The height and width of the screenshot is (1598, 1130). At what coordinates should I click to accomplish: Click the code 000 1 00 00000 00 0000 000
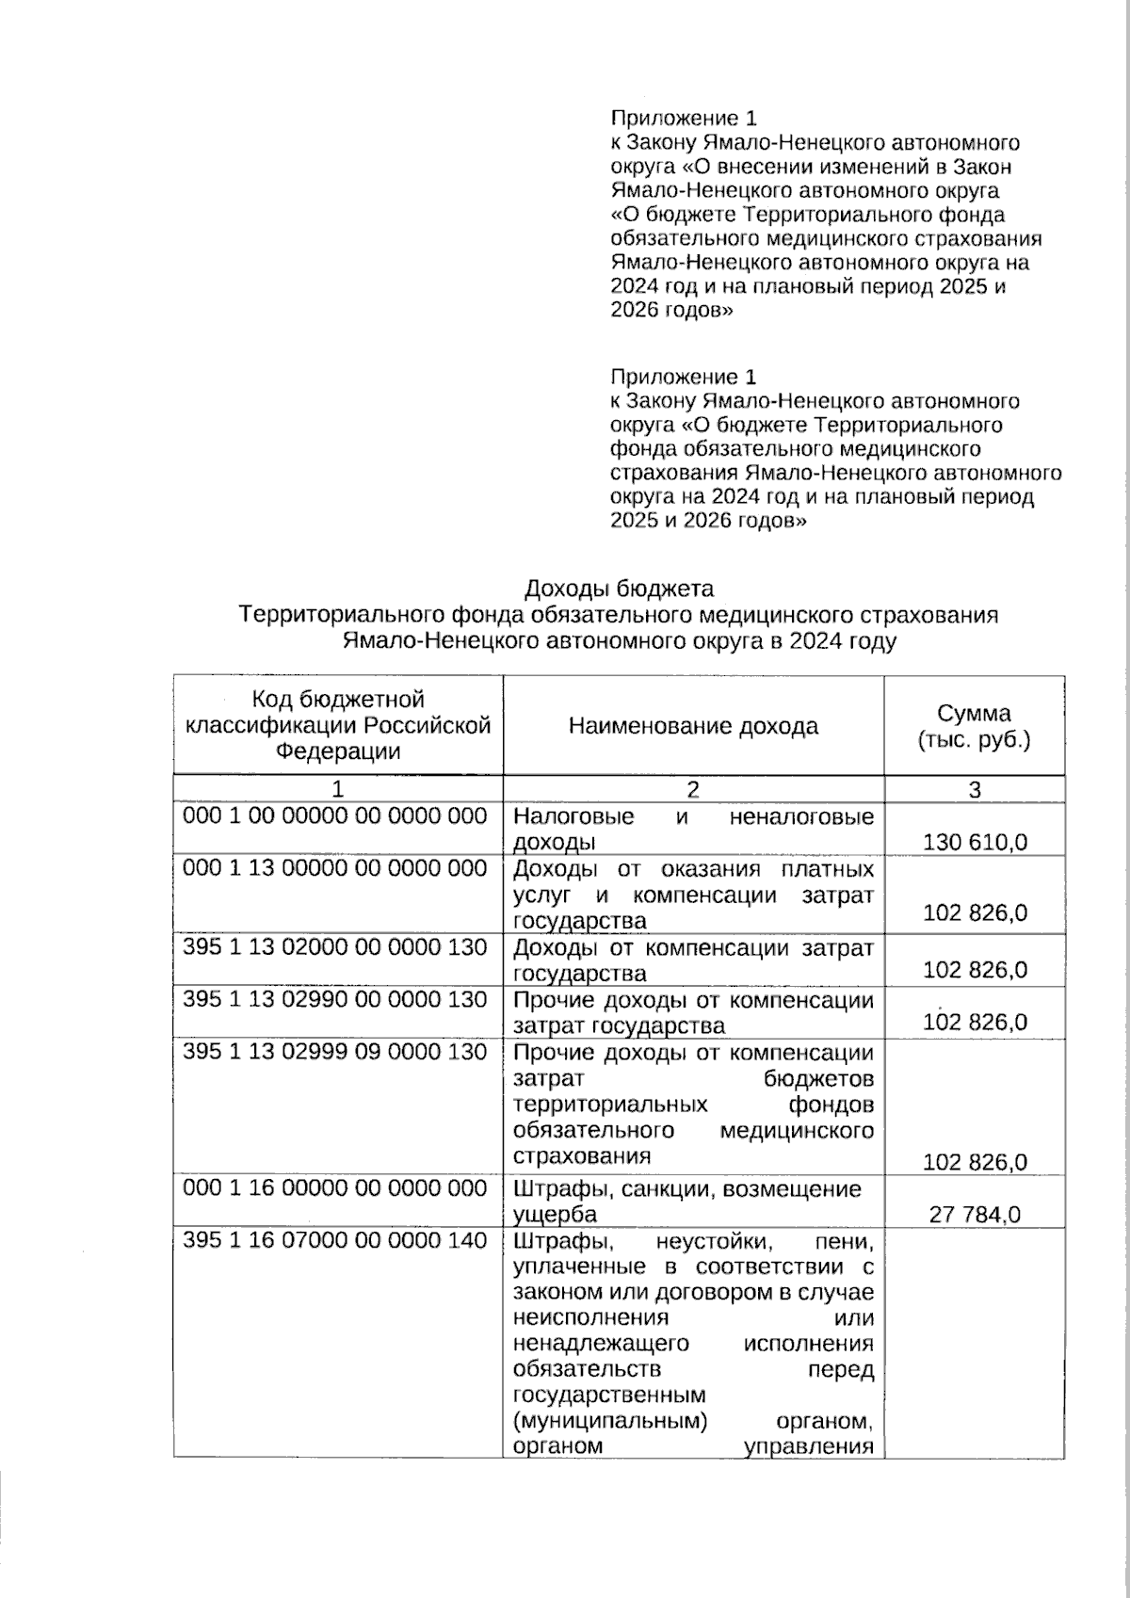(x=335, y=815)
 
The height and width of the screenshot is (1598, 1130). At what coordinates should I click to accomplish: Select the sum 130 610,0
(x=975, y=842)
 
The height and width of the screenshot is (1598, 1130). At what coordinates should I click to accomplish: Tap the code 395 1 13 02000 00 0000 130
(x=335, y=947)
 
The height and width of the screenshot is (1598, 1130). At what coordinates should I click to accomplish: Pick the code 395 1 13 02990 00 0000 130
(x=335, y=1000)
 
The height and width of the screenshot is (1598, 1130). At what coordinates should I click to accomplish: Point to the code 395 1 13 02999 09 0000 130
(x=335, y=1052)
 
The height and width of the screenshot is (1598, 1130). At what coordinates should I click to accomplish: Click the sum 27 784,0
(x=975, y=1215)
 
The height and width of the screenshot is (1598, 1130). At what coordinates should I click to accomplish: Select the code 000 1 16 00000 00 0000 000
(x=335, y=1188)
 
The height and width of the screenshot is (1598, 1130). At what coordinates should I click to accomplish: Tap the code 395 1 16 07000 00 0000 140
(x=335, y=1241)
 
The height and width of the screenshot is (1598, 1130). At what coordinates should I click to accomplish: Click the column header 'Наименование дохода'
(x=693, y=726)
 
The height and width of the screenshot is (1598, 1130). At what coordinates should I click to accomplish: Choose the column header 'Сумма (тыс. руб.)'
(x=975, y=726)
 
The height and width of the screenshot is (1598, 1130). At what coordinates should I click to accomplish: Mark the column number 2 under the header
(x=693, y=789)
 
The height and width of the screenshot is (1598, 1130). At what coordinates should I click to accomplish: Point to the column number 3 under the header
(x=975, y=789)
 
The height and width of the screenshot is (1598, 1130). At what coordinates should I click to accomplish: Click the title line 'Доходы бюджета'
(x=619, y=589)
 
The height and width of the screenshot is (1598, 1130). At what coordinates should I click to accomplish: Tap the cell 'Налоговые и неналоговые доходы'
(x=693, y=829)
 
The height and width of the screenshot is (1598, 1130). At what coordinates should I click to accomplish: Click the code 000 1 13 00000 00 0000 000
(x=335, y=868)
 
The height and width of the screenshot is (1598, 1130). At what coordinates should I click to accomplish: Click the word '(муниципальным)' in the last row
(x=610, y=1420)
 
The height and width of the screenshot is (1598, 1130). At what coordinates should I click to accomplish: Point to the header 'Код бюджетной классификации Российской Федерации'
(x=338, y=725)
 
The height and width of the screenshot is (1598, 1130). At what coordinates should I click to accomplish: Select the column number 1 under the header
(x=338, y=789)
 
